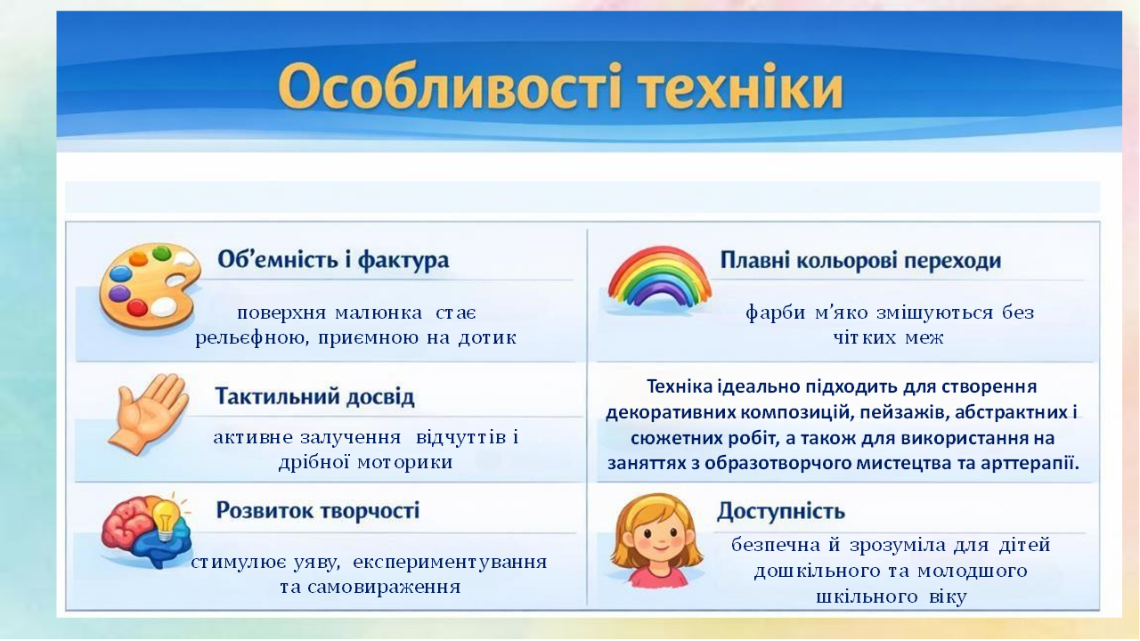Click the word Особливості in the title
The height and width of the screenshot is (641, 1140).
[x=431, y=89]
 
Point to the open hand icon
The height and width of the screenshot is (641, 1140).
[x=150, y=412]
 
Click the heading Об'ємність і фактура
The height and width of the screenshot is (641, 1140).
[x=333, y=261]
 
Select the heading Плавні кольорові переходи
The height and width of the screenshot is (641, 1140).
[x=860, y=261]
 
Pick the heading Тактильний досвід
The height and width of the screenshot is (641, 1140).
[x=315, y=397]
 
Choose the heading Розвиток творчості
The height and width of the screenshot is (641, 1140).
[x=317, y=511]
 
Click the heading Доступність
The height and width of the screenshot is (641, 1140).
[x=780, y=512]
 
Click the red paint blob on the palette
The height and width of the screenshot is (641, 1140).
[x=137, y=307]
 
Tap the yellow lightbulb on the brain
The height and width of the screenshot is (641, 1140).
[x=166, y=516]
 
